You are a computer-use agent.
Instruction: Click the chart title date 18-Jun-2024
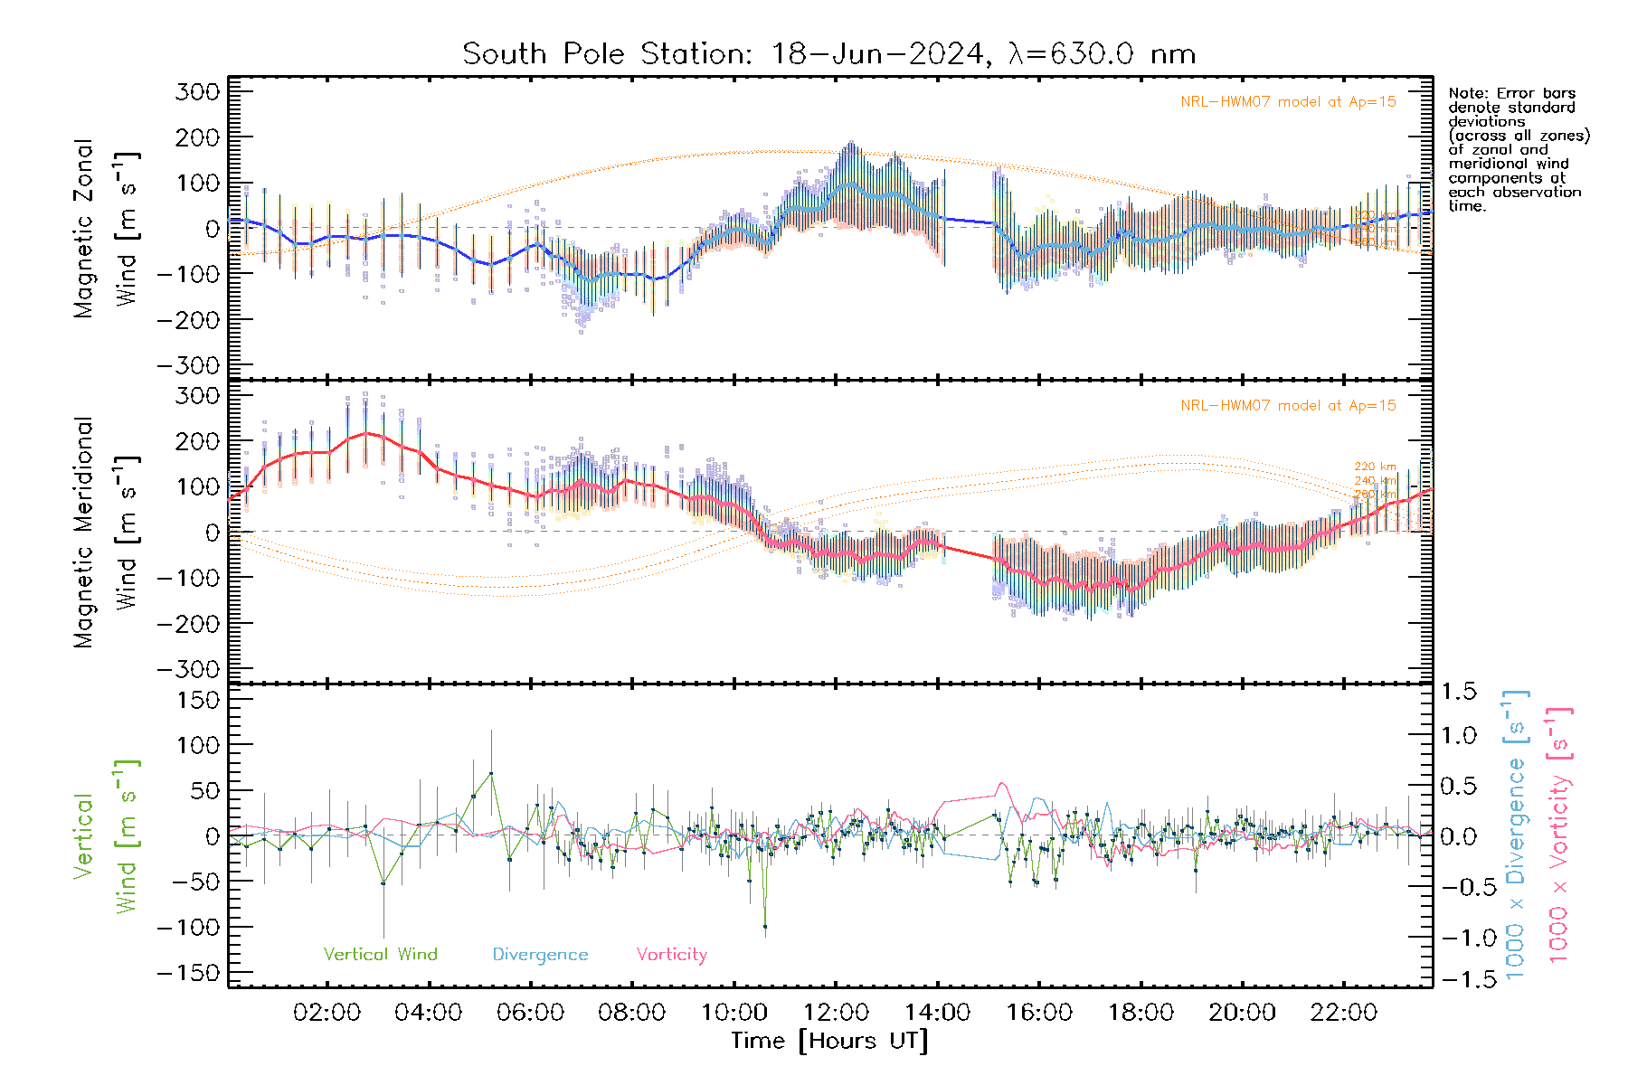(876, 54)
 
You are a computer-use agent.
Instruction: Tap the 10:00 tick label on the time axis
(734, 1012)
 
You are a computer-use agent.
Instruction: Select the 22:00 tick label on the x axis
(1344, 1012)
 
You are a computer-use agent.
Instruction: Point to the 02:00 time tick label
(327, 1012)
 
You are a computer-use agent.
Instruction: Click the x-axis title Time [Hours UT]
(829, 1041)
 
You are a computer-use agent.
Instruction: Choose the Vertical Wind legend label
(380, 955)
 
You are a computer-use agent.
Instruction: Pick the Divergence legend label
(540, 955)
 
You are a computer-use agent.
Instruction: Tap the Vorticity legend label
(671, 955)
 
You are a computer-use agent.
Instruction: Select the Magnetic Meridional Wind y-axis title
(106, 533)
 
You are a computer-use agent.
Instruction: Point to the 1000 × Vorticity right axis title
(1558, 835)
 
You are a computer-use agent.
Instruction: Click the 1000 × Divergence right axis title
(1516, 835)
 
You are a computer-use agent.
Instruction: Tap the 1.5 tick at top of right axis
(1459, 692)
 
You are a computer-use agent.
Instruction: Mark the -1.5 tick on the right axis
(1459, 979)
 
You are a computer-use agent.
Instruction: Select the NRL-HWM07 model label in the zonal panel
(1288, 102)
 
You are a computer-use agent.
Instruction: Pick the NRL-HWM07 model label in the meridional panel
(1288, 406)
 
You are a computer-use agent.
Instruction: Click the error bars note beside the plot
(1518, 149)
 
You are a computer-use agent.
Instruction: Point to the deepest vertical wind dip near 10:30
(765, 927)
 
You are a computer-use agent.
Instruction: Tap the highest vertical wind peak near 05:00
(491, 774)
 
